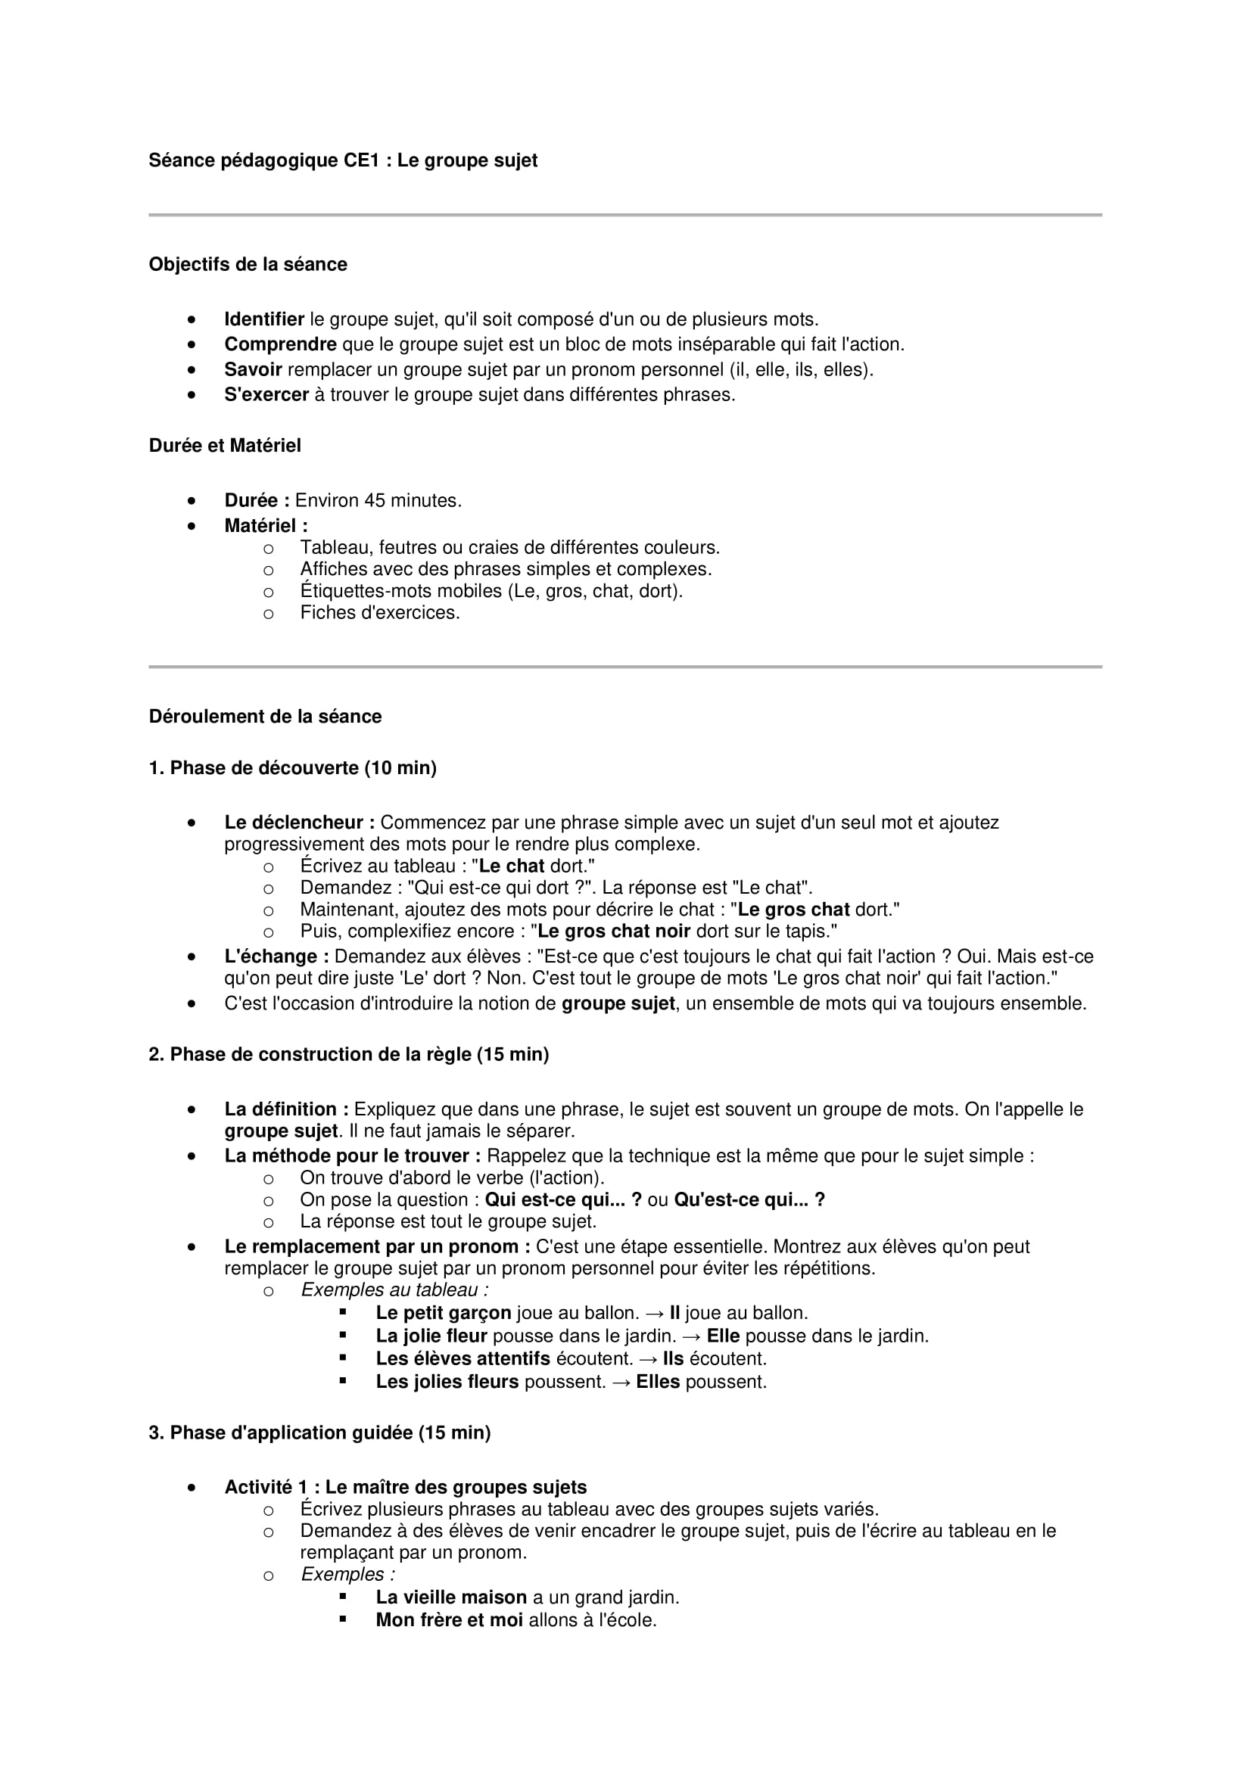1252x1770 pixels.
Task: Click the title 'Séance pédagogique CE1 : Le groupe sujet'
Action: (x=343, y=160)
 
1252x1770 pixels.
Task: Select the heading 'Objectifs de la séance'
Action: (x=248, y=264)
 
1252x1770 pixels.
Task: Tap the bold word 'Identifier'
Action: (x=264, y=319)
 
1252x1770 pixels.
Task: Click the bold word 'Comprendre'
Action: (x=281, y=344)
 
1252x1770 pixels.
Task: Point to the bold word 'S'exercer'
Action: (x=266, y=395)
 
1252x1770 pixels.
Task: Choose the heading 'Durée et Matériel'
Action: (x=224, y=446)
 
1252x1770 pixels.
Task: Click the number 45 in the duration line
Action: (x=375, y=500)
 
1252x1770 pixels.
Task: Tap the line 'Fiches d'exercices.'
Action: (x=380, y=612)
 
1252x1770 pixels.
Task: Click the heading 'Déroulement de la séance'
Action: (x=265, y=716)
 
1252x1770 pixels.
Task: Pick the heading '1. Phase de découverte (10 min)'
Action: (x=292, y=768)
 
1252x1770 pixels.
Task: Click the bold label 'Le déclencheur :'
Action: (x=300, y=823)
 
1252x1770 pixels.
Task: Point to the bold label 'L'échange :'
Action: (x=277, y=956)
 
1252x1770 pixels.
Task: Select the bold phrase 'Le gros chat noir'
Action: (x=614, y=932)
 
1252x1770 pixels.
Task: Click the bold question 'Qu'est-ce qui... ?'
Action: (x=749, y=1199)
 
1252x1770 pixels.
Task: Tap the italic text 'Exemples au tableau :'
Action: (x=394, y=1289)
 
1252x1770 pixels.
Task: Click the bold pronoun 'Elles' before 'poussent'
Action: (x=658, y=1382)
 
